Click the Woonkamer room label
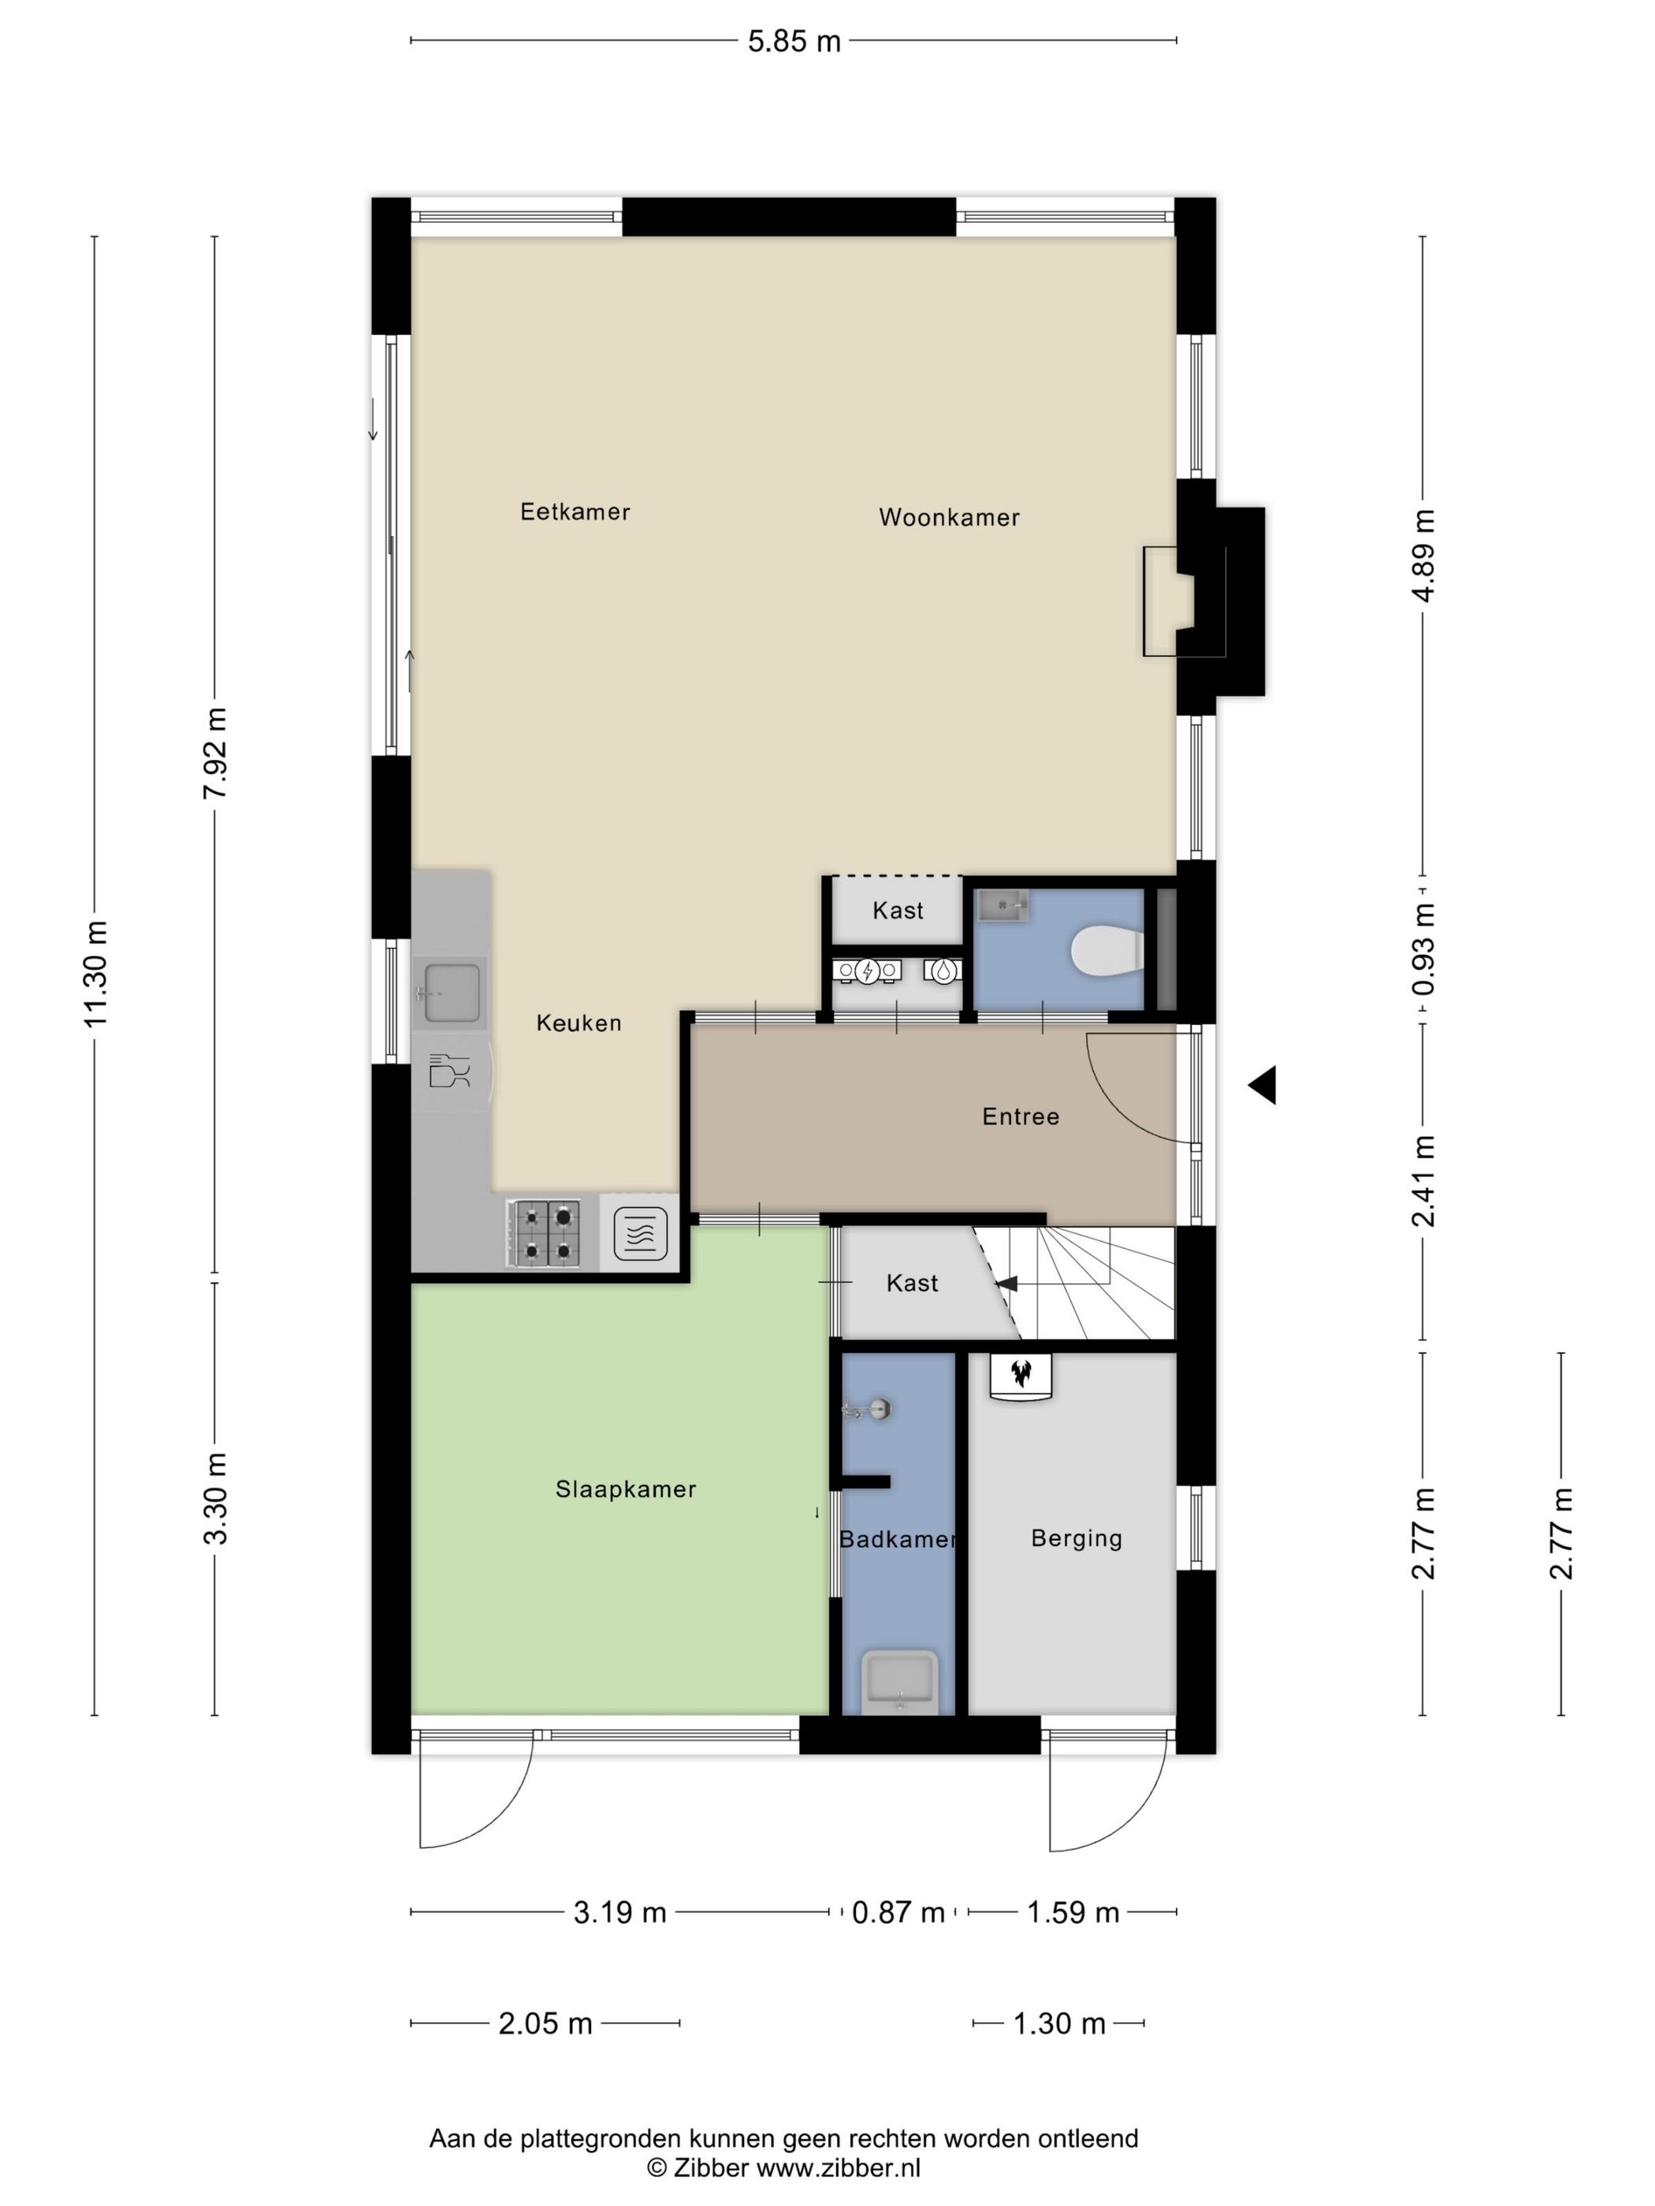949,518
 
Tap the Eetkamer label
575,511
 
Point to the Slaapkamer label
626,1489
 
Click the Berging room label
1077,1539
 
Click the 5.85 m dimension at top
794,41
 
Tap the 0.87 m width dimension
898,1912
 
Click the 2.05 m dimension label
545,2023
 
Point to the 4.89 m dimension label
1423,555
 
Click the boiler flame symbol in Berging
1021,1374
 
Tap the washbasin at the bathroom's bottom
900,1682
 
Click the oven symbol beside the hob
641,1234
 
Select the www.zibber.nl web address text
838,2167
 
